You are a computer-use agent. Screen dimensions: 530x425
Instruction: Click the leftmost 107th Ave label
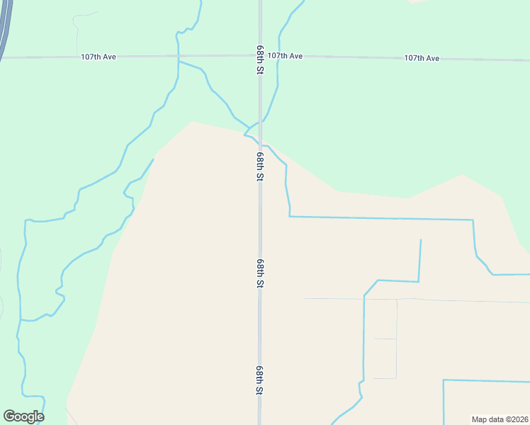coord(98,56)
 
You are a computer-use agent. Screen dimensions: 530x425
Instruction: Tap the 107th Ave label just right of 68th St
coord(286,55)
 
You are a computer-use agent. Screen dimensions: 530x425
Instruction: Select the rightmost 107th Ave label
coord(422,57)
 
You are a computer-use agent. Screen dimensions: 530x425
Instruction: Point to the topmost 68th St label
coord(260,62)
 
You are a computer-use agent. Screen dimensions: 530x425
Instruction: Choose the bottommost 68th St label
coord(260,380)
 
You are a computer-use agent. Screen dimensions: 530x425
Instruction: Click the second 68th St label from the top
coord(260,166)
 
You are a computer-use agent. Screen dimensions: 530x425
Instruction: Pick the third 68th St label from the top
coord(260,273)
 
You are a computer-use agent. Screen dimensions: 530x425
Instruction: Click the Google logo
coord(23,416)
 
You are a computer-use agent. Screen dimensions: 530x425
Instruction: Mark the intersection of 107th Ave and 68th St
coord(260,55)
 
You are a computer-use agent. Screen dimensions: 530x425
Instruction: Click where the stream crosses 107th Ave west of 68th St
coord(178,55)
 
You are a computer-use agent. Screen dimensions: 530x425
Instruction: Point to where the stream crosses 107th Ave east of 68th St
coord(278,55)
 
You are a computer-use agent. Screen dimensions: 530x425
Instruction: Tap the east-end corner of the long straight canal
coord(473,220)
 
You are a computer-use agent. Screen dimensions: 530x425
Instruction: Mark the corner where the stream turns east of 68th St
coord(289,216)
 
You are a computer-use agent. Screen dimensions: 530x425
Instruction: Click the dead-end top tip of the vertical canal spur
coord(420,240)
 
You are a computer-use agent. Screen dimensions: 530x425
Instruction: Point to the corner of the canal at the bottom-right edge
coord(444,380)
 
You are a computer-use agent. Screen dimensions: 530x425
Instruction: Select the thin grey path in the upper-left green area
coord(76,25)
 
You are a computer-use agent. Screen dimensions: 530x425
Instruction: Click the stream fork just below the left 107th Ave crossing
coord(179,62)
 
